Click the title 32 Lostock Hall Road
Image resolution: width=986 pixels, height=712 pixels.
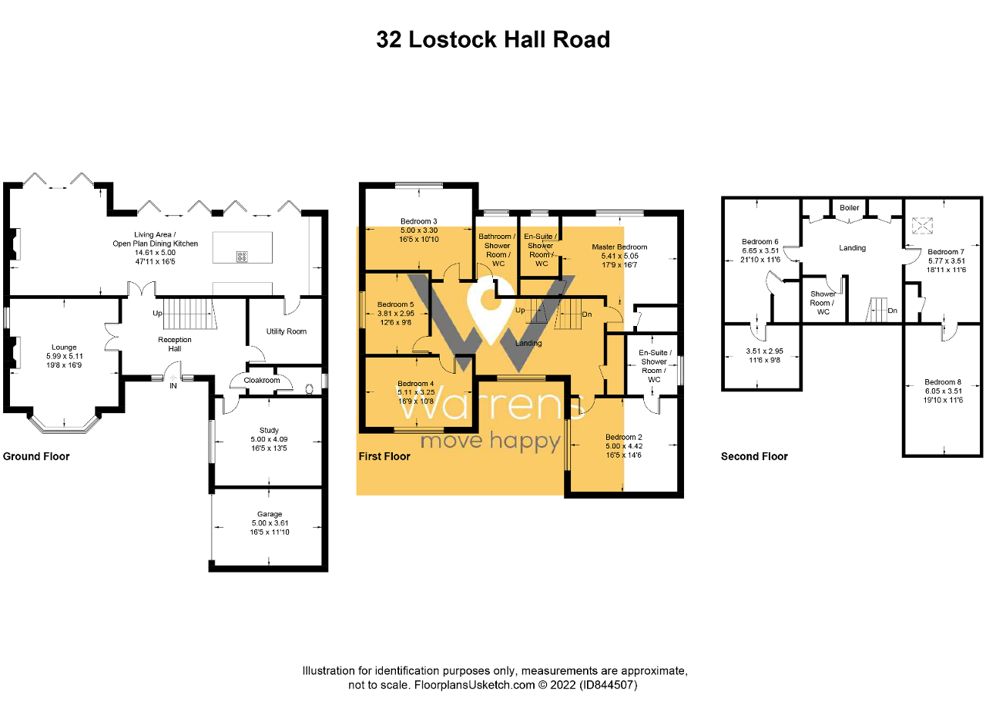[493, 39]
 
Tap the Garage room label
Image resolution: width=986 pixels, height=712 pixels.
[270, 514]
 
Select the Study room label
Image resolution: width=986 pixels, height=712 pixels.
[270, 431]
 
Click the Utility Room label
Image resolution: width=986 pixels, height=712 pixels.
[287, 331]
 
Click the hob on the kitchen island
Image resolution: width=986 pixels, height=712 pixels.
[242, 257]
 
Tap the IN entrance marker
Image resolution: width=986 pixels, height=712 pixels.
[173, 385]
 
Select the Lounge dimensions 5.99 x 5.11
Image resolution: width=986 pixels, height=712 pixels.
[64, 357]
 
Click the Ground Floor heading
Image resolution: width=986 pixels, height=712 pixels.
[36, 456]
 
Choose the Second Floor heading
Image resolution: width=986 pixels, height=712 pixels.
[754, 456]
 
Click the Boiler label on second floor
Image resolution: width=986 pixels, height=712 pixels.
[850, 208]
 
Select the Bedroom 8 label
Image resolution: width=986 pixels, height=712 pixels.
[943, 382]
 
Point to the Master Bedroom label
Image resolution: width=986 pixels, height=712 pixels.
[619, 247]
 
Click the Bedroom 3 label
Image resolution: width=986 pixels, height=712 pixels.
[419, 221]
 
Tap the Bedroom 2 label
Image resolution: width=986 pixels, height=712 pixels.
[624, 437]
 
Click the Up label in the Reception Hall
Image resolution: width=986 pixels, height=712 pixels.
[157, 314]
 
